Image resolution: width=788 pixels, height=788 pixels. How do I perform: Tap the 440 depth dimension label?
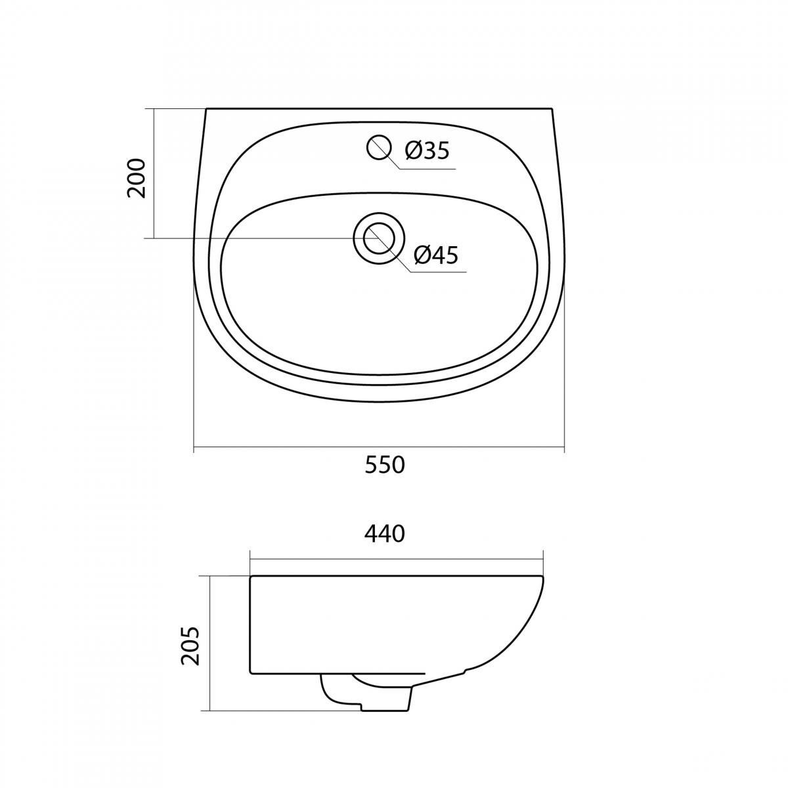click(384, 534)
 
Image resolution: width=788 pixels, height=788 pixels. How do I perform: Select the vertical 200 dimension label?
click(137, 179)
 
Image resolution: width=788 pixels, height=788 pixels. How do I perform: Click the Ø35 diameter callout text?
click(427, 150)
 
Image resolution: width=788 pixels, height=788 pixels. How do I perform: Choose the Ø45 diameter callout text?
click(436, 255)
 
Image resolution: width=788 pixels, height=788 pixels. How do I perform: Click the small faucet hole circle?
click(380, 147)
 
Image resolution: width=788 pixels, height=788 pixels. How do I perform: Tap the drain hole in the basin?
click(379, 238)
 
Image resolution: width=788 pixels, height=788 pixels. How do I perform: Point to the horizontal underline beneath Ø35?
click(427, 169)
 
